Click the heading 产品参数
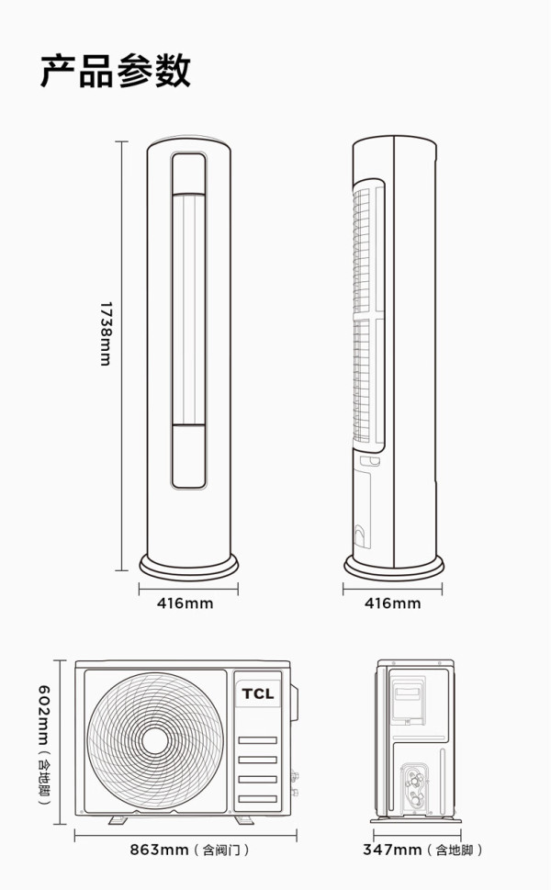[x=115, y=71]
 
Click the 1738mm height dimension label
[x=106, y=333]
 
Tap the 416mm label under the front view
[x=185, y=603]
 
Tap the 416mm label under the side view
[x=393, y=603]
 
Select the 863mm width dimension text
[x=159, y=850]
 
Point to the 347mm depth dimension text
[x=392, y=850]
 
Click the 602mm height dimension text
[x=44, y=715]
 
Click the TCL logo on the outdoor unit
[x=258, y=693]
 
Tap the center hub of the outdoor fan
[x=155, y=739]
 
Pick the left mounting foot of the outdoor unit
[x=118, y=819]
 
